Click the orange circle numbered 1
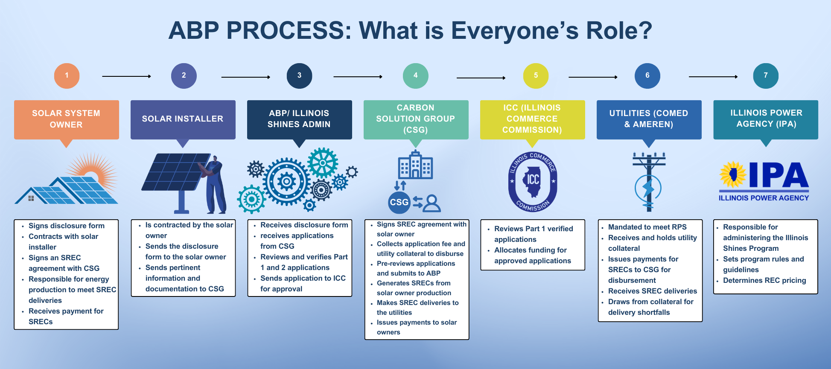67,76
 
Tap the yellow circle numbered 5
536,76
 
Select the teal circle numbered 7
766,76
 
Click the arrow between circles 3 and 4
358,77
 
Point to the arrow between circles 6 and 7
713,77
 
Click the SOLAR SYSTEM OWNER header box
66,119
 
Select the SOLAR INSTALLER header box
183,119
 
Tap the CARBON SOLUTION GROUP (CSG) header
416,119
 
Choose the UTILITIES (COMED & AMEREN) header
649,119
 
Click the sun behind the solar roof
96,169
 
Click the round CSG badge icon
399,202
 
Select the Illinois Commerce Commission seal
533,181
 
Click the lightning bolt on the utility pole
648,188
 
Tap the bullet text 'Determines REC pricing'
764,280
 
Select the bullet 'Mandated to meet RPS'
647,227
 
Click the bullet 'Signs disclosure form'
66,226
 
